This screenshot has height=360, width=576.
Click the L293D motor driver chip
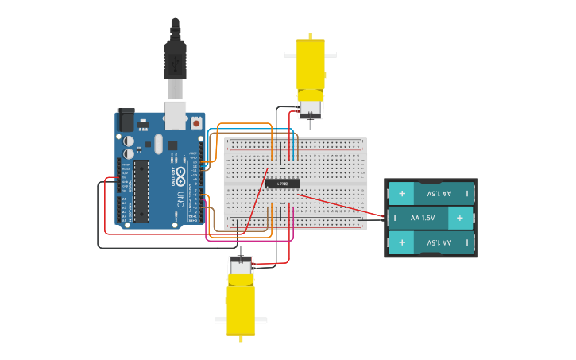click(283, 184)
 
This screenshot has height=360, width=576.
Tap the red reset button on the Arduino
click(195, 123)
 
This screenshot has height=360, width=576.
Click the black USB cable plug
click(176, 60)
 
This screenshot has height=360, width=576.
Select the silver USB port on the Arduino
click(176, 114)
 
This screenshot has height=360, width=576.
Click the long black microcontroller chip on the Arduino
click(141, 191)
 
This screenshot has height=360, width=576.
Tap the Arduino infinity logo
click(180, 172)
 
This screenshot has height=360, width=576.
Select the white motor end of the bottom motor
click(241, 266)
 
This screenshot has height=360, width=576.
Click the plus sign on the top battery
click(402, 193)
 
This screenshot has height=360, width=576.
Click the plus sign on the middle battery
click(459, 218)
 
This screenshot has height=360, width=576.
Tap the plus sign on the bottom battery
click(402, 242)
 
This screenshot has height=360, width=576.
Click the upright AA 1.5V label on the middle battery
click(423, 218)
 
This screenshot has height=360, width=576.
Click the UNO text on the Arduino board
click(180, 196)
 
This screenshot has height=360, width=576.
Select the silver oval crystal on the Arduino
click(158, 144)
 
